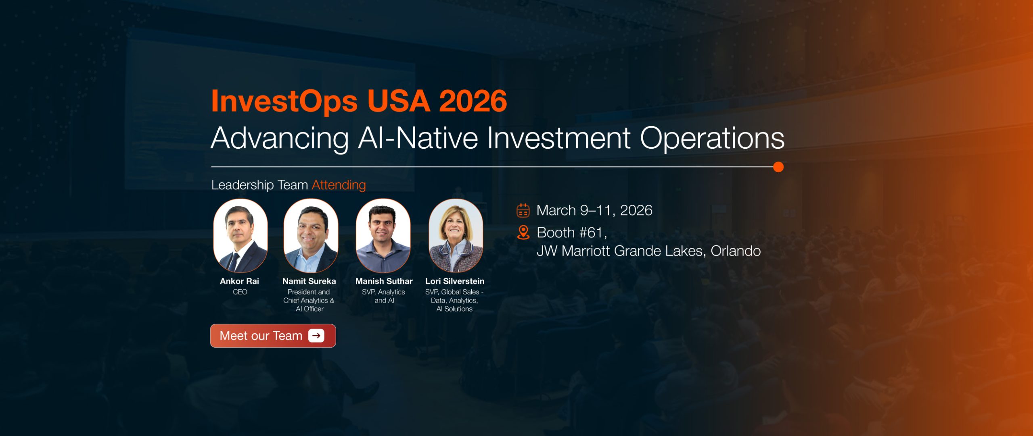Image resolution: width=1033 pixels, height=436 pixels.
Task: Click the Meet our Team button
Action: (x=273, y=336)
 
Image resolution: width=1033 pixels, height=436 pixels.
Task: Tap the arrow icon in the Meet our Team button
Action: (x=316, y=336)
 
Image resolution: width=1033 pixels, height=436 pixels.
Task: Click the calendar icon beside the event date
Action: (x=523, y=210)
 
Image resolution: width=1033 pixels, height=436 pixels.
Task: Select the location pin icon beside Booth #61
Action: (x=523, y=233)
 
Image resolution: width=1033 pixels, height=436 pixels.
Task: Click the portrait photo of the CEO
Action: (x=240, y=236)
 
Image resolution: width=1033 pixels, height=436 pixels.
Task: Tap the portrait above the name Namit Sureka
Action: (x=311, y=236)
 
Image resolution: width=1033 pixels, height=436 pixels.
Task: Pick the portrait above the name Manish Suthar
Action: (x=383, y=236)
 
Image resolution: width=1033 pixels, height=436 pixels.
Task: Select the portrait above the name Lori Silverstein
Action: (x=456, y=236)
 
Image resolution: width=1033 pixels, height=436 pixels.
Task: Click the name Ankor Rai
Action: (x=240, y=281)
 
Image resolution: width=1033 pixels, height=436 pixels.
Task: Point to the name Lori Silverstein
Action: (x=455, y=281)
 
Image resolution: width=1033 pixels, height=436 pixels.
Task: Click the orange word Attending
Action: (x=339, y=185)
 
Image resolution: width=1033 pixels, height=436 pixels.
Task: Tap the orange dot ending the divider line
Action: (x=778, y=167)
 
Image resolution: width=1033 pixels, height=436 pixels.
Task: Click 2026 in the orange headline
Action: (x=473, y=101)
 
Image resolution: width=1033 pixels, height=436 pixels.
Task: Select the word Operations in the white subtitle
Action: (x=712, y=138)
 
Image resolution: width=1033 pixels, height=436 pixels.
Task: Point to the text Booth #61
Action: (x=572, y=233)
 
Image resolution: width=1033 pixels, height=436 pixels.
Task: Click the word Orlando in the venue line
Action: (x=736, y=251)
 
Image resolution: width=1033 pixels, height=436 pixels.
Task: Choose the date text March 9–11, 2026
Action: (x=594, y=210)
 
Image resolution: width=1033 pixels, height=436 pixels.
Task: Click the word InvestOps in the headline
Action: (x=284, y=102)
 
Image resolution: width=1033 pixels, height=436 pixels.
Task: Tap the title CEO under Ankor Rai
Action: (x=240, y=292)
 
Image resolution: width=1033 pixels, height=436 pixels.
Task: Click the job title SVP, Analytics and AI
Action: (x=384, y=296)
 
